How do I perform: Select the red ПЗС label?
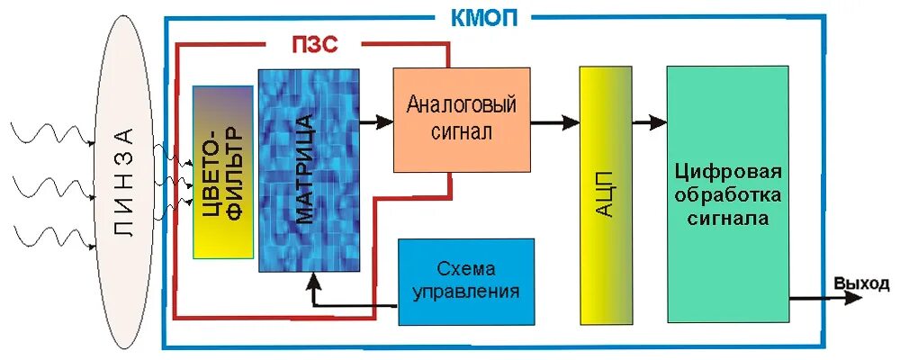[x=314, y=44]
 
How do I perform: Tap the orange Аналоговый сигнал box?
[x=461, y=119]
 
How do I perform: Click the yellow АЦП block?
[x=604, y=194]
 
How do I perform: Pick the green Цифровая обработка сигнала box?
[x=728, y=194]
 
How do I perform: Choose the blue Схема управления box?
[x=466, y=281]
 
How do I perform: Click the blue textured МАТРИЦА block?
[x=309, y=170]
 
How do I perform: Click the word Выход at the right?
[x=860, y=284]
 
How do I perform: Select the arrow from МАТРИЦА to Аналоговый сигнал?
[x=377, y=119]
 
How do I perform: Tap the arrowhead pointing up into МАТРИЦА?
[x=311, y=283]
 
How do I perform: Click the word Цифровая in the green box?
[x=728, y=172]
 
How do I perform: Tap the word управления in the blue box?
[x=466, y=292]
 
